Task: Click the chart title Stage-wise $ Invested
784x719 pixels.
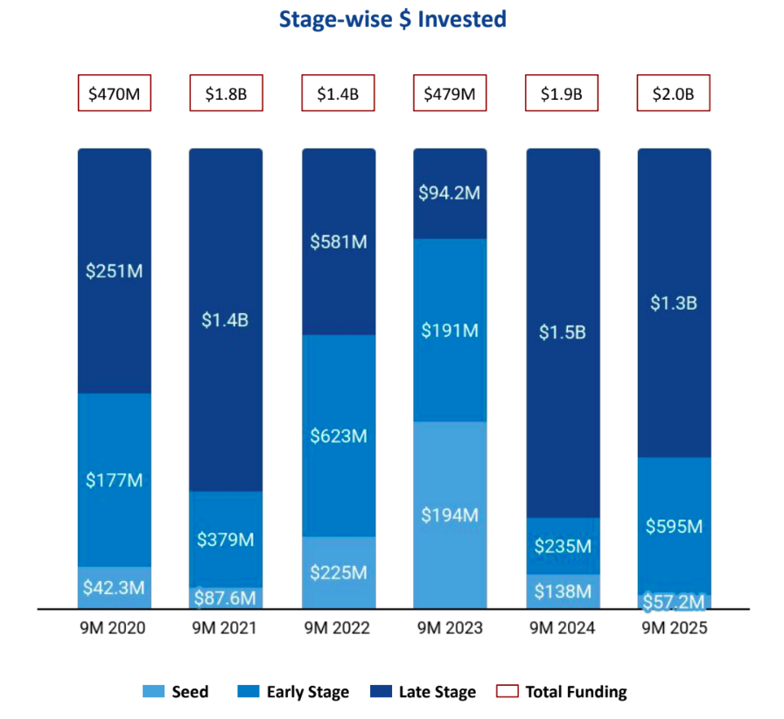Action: point(392,19)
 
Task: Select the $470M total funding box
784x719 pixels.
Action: point(115,94)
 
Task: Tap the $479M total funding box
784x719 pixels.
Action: point(450,94)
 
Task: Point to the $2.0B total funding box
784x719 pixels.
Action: point(674,94)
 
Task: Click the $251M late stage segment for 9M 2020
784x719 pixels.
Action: point(115,271)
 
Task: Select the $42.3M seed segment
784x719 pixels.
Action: point(115,588)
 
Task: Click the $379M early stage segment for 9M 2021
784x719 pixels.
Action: point(226,539)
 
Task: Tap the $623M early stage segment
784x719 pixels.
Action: point(339,436)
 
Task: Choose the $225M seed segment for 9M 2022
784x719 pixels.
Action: point(339,572)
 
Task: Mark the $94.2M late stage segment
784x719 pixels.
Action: point(450,193)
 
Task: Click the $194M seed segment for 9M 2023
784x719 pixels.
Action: point(450,514)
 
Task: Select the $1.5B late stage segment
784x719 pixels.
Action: point(563,332)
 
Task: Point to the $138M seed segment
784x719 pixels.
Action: point(563,591)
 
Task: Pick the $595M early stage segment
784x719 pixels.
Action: point(674,526)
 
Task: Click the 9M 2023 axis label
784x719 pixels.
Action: point(450,628)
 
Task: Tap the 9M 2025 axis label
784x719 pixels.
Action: point(674,628)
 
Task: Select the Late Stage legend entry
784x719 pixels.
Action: point(425,692)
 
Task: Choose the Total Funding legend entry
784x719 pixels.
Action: point(564,692)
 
